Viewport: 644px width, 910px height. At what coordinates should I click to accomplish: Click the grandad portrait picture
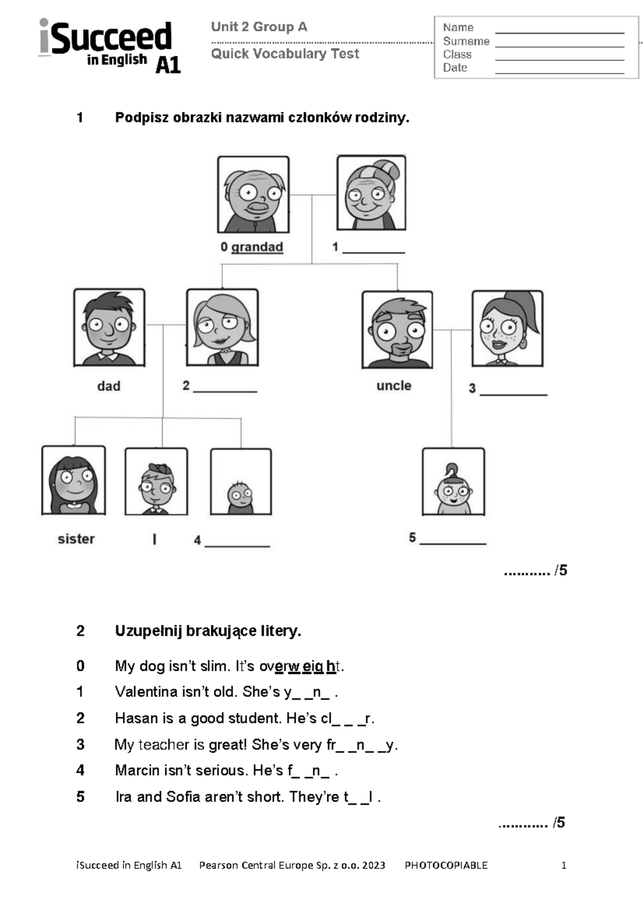click(x=253, y=194)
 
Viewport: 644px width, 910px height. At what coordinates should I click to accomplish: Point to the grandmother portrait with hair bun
click(x=371, y=193)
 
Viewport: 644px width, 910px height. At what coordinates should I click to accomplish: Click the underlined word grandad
click(x=257, y=247)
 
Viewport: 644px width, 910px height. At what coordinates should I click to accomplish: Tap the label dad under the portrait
click(x=108, y=386)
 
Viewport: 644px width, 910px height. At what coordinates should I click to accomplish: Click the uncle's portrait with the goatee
click(x=397, y=329)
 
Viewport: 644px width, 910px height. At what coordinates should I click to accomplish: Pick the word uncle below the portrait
click(x=394, y=385)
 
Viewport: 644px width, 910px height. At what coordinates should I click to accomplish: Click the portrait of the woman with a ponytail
click(x=507, y=328)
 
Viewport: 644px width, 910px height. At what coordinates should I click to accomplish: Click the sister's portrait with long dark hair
click(x=74, y=480)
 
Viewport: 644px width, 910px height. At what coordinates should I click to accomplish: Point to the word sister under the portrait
click(x=76, y=539)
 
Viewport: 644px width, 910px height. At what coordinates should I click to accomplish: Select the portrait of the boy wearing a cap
click(x=156, y=481)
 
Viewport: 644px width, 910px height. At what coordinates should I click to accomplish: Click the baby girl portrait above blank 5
click(x=453, y=481)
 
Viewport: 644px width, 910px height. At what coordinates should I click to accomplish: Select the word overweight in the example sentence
click(x=301, y=666)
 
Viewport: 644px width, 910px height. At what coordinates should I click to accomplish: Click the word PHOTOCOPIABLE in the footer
click(x=446, y=865)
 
